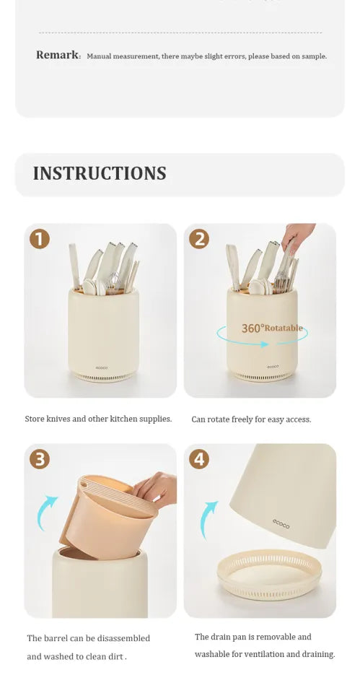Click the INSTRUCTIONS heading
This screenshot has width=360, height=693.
100,173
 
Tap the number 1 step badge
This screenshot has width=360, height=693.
40,239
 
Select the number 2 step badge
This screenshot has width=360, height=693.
199,239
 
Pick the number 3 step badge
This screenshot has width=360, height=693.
40,460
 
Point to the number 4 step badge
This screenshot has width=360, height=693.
199,460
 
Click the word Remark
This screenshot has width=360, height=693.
58,56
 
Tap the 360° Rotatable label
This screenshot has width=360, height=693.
272,328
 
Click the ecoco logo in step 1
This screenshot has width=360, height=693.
102,367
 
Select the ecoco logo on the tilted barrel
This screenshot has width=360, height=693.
281,524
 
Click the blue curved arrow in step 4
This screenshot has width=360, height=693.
206,519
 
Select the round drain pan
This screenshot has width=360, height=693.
269,575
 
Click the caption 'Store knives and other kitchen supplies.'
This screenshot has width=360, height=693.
98,419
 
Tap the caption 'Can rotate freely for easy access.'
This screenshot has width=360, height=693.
251,419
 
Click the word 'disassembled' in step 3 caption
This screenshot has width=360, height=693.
123,638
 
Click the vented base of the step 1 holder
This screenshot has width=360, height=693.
103,377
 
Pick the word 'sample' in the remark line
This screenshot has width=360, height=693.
314,56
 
